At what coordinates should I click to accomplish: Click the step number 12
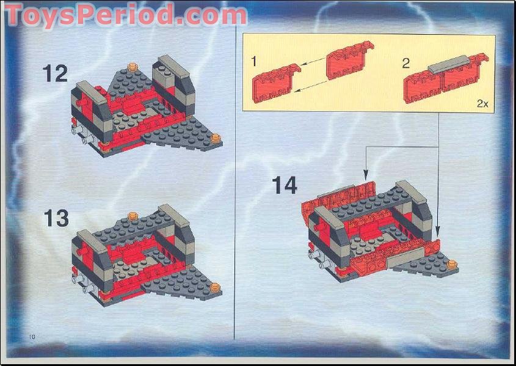[55, 74]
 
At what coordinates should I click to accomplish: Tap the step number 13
[56, 218]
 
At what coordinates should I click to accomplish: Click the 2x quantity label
[482, 104]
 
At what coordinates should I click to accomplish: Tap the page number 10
[32, 337]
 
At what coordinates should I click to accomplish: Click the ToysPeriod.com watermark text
[125, 15]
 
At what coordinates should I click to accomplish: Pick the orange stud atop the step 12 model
[131, 67]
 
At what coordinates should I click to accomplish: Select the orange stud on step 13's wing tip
[215, 286]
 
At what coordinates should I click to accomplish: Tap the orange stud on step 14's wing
[452, 264]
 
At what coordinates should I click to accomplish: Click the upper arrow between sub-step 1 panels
[313, 63]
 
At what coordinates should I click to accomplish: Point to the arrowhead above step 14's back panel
[366, 173]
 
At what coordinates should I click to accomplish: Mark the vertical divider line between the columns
[234, 183]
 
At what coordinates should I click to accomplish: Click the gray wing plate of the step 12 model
[190, 137]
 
